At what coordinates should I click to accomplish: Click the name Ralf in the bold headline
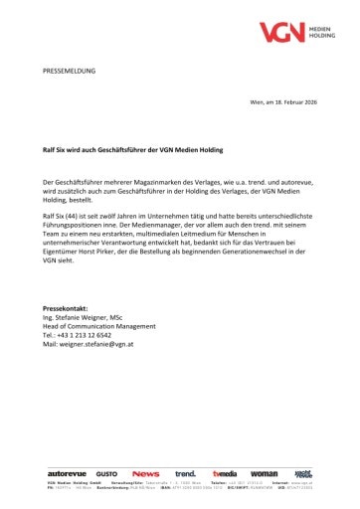point(52,149)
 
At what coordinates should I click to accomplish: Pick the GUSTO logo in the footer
point(106,473)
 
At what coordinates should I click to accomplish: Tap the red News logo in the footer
point(145,473)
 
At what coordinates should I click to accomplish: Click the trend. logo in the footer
point(185,473)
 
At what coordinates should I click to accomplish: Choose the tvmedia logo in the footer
point(225,473)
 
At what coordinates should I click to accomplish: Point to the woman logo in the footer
point(264,473)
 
